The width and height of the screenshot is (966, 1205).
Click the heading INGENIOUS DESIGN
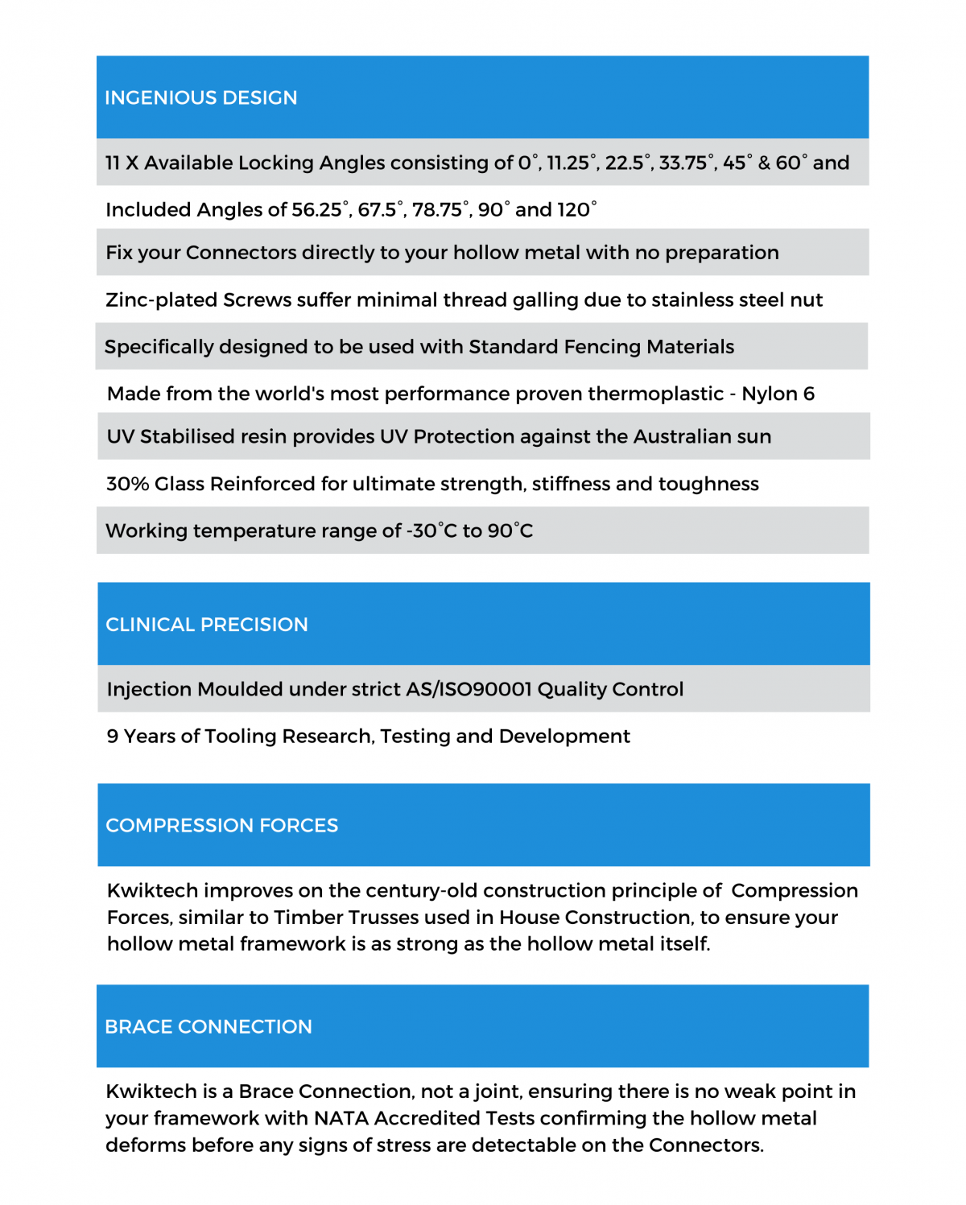tap(201, 98)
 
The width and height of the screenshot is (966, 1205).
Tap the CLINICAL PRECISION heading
tap(207, 625)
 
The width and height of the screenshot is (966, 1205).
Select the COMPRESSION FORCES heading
tap(222, 826)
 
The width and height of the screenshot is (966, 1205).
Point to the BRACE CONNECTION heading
tap(208, 1027)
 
